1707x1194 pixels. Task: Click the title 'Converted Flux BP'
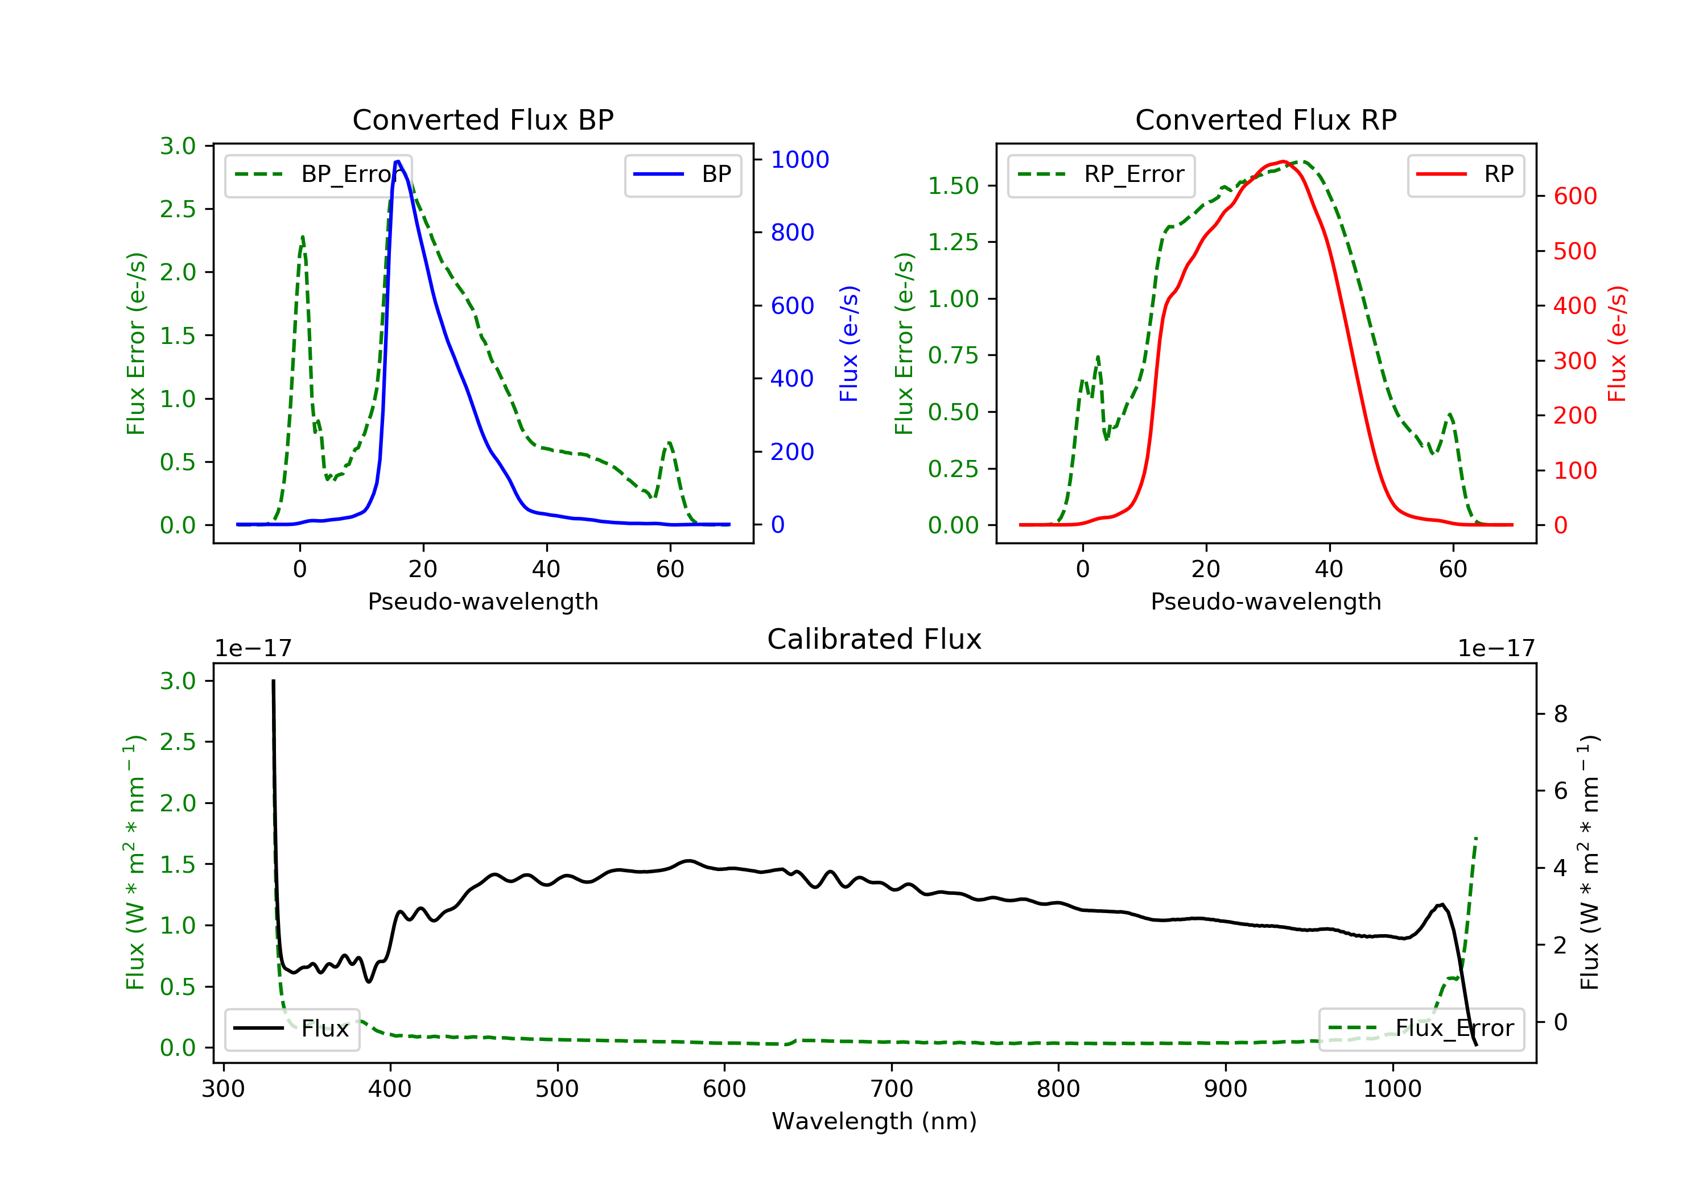483,119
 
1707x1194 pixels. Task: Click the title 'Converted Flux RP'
1265,119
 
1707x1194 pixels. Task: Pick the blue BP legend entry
682,175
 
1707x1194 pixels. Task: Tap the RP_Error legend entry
1101,175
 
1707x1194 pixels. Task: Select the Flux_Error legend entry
1421,1029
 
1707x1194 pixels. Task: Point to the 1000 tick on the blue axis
799,160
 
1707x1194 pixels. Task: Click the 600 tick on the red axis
1574,196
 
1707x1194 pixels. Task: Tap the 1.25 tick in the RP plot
953,242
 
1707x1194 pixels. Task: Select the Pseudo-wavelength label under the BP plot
483,601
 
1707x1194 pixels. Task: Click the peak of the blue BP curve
398,161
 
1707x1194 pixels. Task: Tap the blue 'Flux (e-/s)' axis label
849,343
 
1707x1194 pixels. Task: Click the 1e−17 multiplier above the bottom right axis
1496,649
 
